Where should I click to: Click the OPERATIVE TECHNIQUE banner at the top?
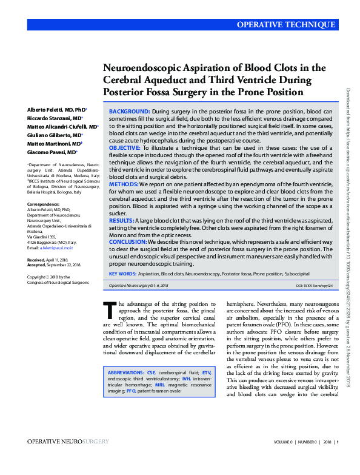click(285, 25)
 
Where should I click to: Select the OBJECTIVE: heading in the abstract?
click(125, 147)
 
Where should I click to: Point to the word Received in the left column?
click(37, 258)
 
